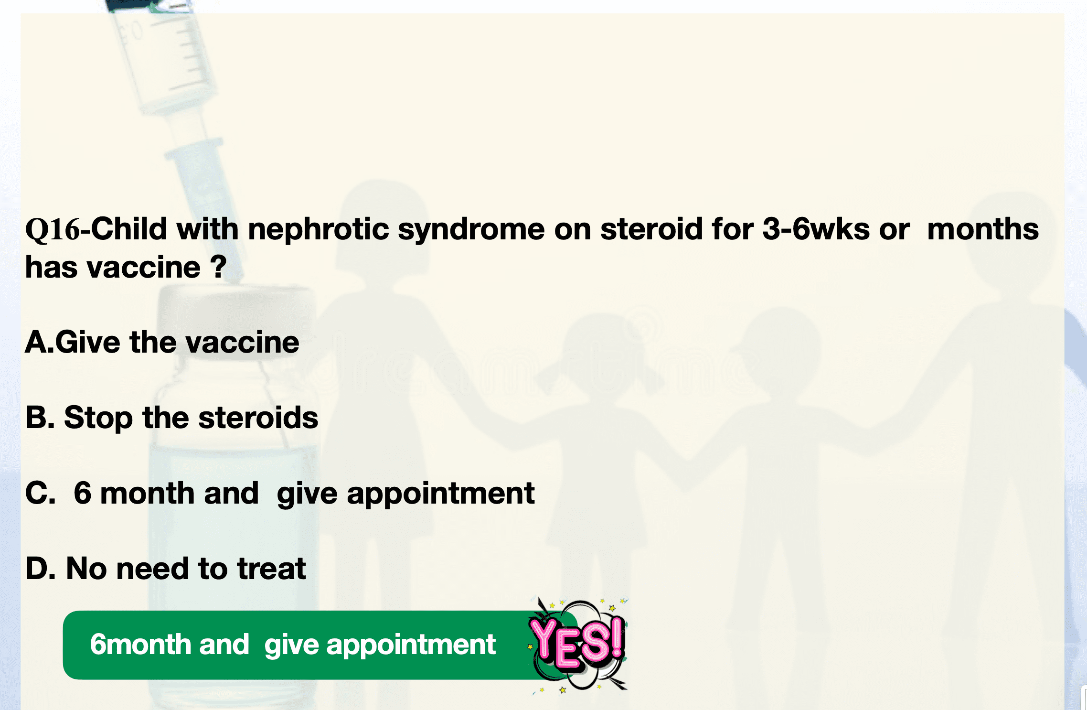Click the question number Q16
tap(53, 230)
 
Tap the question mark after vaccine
tap(218, 267)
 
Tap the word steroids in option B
tap(258, 417)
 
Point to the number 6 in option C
tap(82, 493)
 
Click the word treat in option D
tap(272, 569)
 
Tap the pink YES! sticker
tap(578, 644)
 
